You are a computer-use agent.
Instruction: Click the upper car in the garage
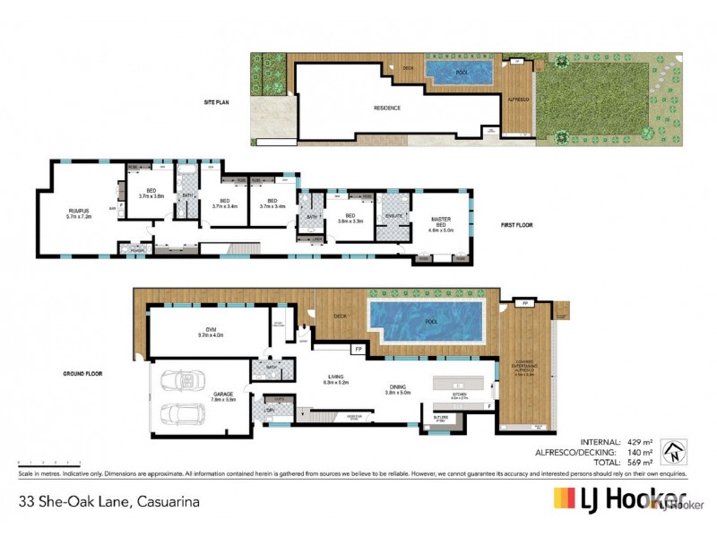pyautogui.click(x=176, y=384)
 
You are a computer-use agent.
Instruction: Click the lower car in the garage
pyautogui.click(x=176, y=414)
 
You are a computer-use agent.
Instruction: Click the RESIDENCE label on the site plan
pyautogui.click(x=387, y=108)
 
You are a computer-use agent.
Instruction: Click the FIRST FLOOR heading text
pyautogui.click(x=516, y=225)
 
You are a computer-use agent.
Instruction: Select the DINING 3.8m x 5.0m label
pyautogui.click(x=397, y=389)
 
